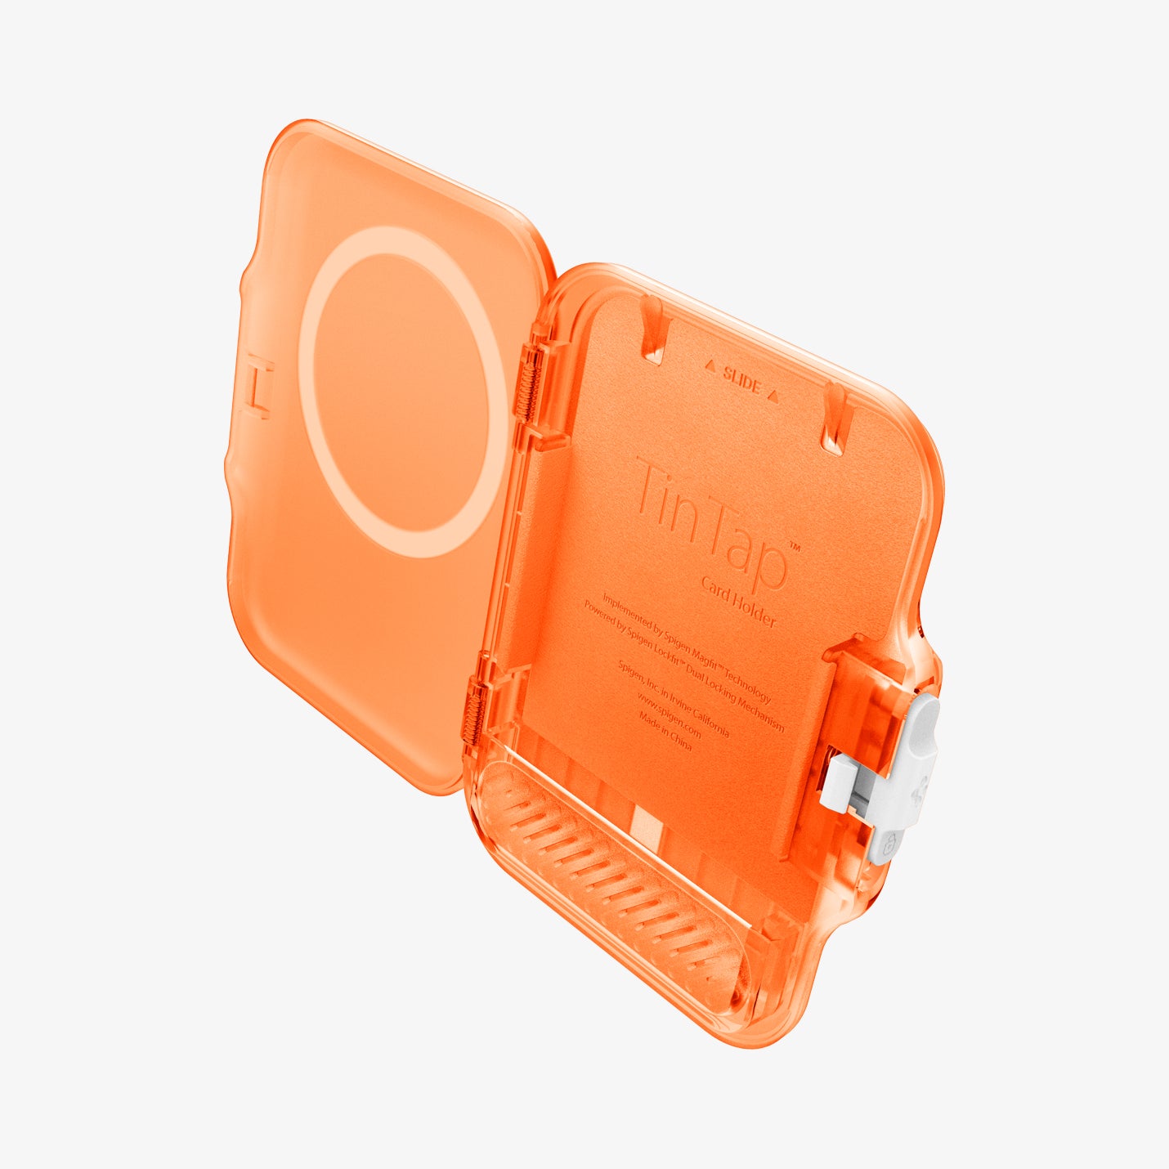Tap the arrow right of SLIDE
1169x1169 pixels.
773,396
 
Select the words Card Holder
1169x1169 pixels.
738,600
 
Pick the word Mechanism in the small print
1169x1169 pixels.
760,714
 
